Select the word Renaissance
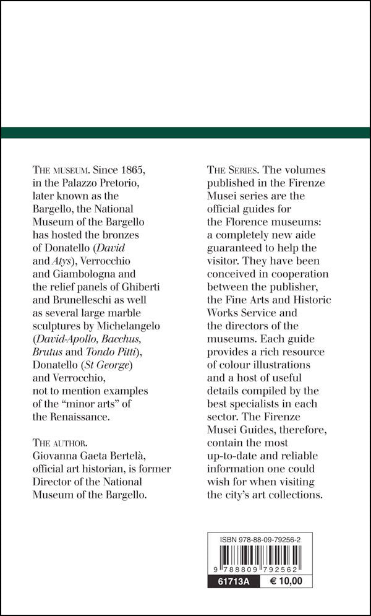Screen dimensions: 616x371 80,417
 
